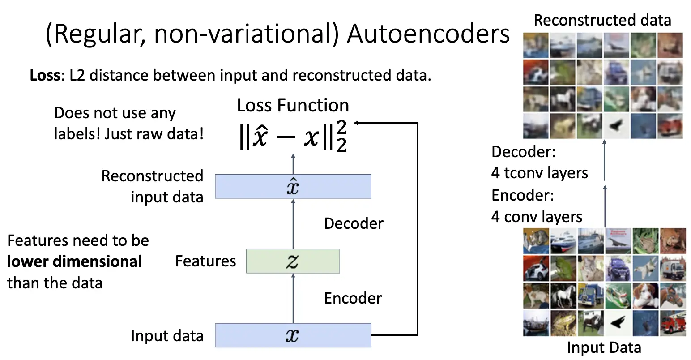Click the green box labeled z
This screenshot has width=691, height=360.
click(293, 261)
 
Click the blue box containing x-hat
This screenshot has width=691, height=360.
click(293, 186)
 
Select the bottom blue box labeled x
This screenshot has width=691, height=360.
click(293, 335)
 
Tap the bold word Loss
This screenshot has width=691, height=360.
click(45, 75)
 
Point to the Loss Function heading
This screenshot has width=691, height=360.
click(293, 105)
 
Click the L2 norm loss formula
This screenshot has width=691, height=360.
click(293, 136)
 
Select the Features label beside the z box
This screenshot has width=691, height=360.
click(205, 261)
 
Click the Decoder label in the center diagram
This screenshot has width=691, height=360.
click(354, 223)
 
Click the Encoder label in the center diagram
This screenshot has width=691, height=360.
click(353, 298)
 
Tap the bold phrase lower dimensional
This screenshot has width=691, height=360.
click(75, 261)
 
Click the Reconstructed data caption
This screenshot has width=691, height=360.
click(602, 21)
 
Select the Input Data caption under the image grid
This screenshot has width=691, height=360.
click(604, 347)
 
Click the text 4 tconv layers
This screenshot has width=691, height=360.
click(540, 173)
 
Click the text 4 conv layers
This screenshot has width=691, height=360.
click(537, 217)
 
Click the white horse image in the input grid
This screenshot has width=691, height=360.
click(563, 296)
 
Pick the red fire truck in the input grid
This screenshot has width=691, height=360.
click(673, 323)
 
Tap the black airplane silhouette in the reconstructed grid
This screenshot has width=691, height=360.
click(616, 126)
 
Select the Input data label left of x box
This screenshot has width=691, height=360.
click(167, 336)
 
